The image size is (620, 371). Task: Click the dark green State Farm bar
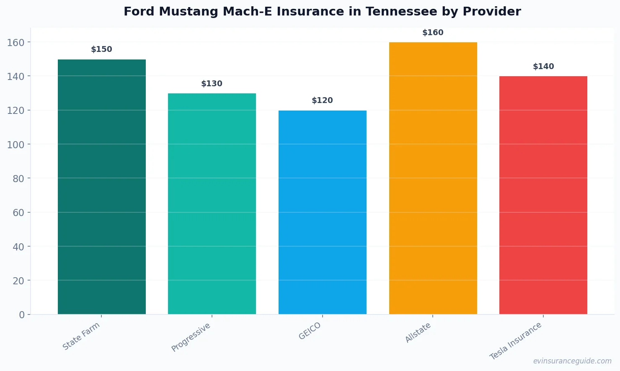tap(102, 187)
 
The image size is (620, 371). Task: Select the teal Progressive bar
tap(212, 204)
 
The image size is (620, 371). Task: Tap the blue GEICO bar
tap(323, 212)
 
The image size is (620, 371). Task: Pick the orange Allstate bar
tap(433, 178)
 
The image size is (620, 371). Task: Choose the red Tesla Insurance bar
tap(543, 195)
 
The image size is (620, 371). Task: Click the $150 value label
tap(102, 49)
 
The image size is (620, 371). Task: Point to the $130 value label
tap(212, 84)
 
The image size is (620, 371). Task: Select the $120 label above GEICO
tap(323, 100)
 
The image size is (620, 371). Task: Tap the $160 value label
tap(433, 33)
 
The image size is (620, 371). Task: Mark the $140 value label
tap(543, 67)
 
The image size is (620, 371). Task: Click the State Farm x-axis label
tap(81, 336)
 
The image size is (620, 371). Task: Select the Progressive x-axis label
tap(191, 338)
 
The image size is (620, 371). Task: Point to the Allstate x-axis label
tap(418, 333)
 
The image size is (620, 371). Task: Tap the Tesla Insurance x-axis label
tap(516, 341)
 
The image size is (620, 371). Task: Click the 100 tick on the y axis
tap(16, 144)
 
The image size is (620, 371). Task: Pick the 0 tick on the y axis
tap(22, 315)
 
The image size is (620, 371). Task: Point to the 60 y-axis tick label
tap(18, 213)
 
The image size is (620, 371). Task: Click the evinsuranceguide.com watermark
tap(572, 361)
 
